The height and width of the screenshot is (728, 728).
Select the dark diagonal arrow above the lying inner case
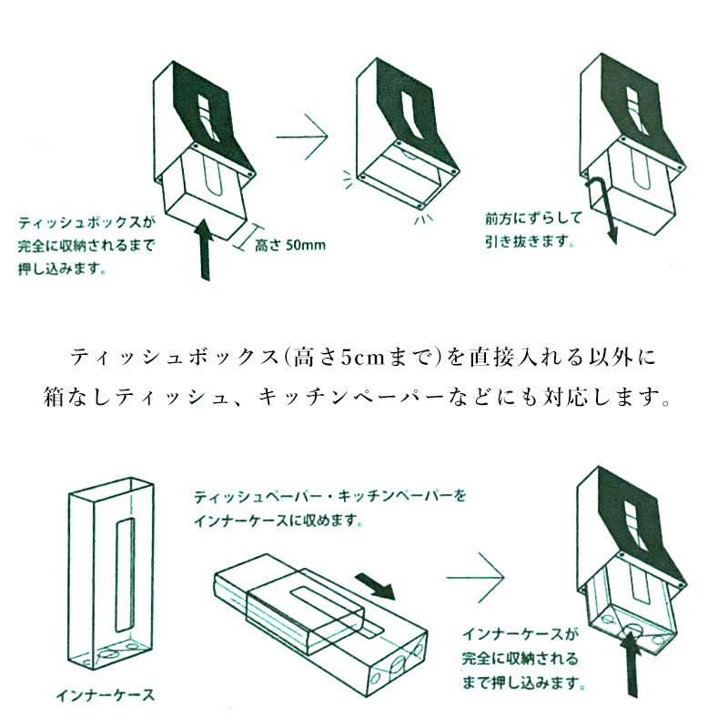[374, 586]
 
